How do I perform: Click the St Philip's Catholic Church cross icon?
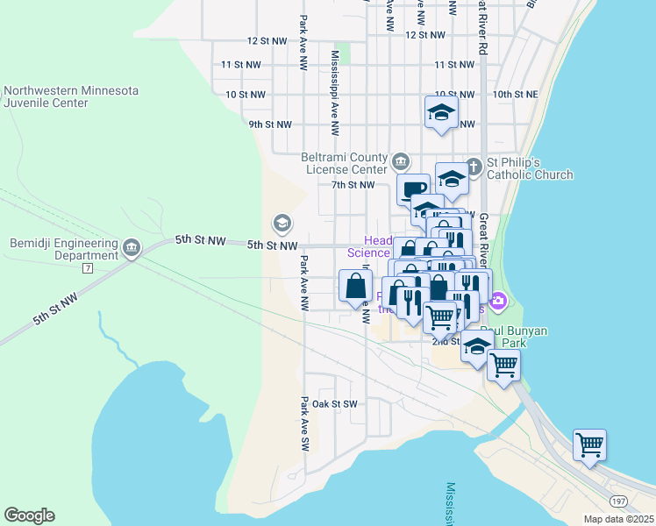(474, 164)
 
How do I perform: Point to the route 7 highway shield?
(87, 267)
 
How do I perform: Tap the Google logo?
(29, 515)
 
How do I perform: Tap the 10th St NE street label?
(515, 94)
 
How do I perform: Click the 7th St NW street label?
(353, 185)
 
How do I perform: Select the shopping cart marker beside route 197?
(589, 444)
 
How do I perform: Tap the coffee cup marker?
(412, 188)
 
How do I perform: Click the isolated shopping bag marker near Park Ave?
(354, 286)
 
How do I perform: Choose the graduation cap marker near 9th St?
(441, 111)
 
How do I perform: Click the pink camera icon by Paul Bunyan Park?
(499, 302)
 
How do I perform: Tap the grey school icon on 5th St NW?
(282, 223)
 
